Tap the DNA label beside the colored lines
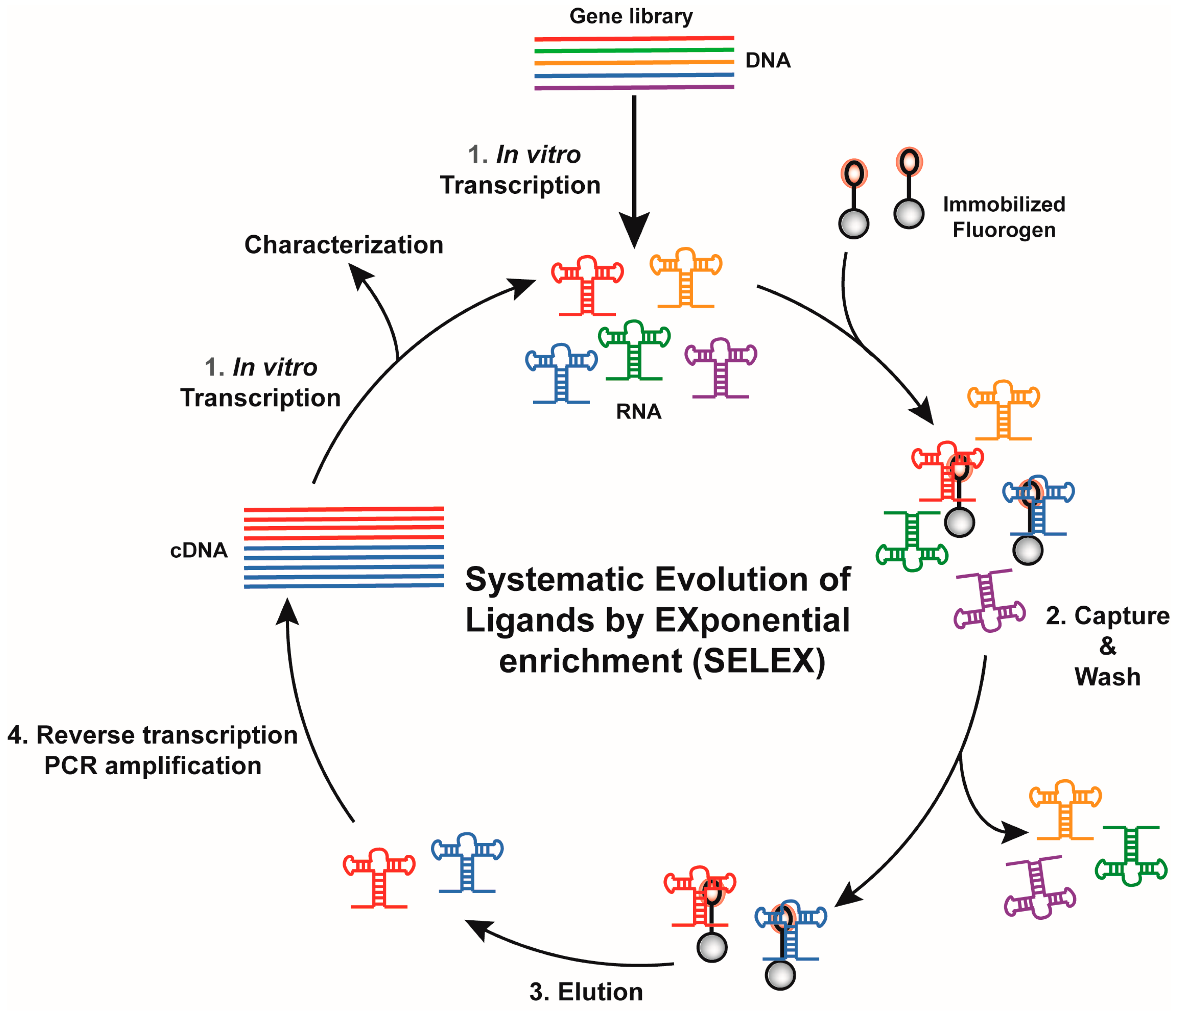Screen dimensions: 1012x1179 point(768,60)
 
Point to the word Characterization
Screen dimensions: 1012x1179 point(344,245)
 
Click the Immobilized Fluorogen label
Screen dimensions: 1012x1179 point(1004,217)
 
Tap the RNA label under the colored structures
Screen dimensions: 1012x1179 point(638,411)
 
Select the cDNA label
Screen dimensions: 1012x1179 point(199,551)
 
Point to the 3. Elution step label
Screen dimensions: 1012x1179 point(586,992)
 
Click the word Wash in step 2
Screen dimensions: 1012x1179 point(1107,677)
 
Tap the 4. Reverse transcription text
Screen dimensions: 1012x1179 point(152,735)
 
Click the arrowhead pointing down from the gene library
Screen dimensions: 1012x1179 point(634,230)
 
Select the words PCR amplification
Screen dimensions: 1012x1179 point(152,766)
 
